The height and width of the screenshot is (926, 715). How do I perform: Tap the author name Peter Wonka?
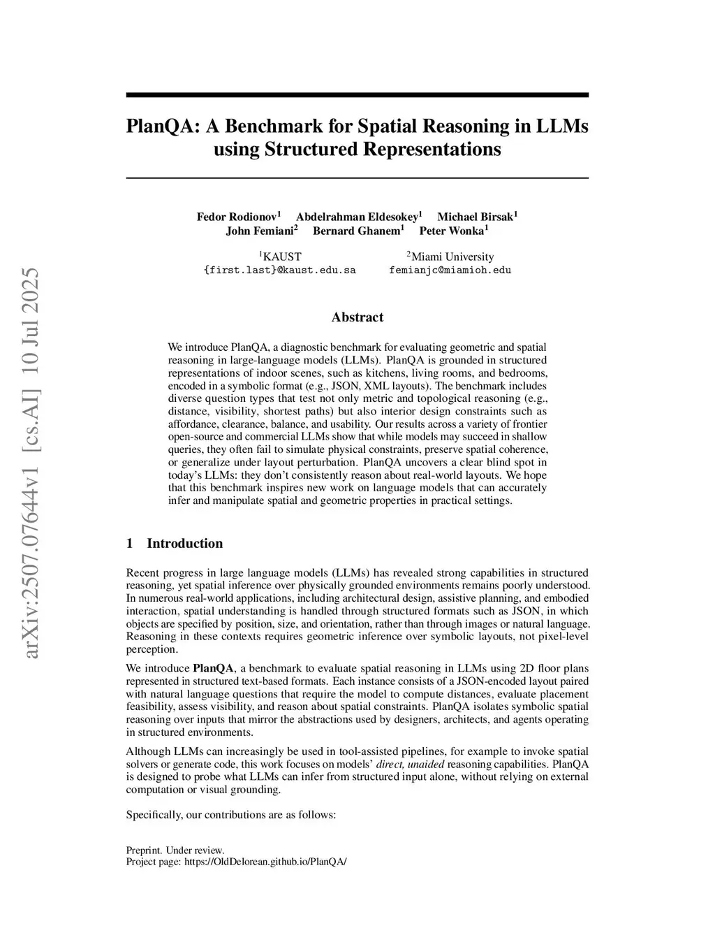coord(452,231)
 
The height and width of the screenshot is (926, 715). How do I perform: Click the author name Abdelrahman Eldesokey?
coord(357,217)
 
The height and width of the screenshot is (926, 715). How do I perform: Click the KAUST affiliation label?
coord(281,256)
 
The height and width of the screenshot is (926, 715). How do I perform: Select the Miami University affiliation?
coord(452,256)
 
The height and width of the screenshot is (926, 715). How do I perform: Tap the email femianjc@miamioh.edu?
coord(450,270)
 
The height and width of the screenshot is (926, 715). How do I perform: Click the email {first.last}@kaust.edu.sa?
coord(279,270)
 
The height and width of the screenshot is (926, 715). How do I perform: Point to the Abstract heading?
coord(357,317)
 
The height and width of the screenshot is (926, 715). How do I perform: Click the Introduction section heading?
coord(184,543)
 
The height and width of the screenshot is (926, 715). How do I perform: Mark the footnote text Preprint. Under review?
coord(175,851)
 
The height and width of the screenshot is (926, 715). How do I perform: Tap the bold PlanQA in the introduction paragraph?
coord(213,668)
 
